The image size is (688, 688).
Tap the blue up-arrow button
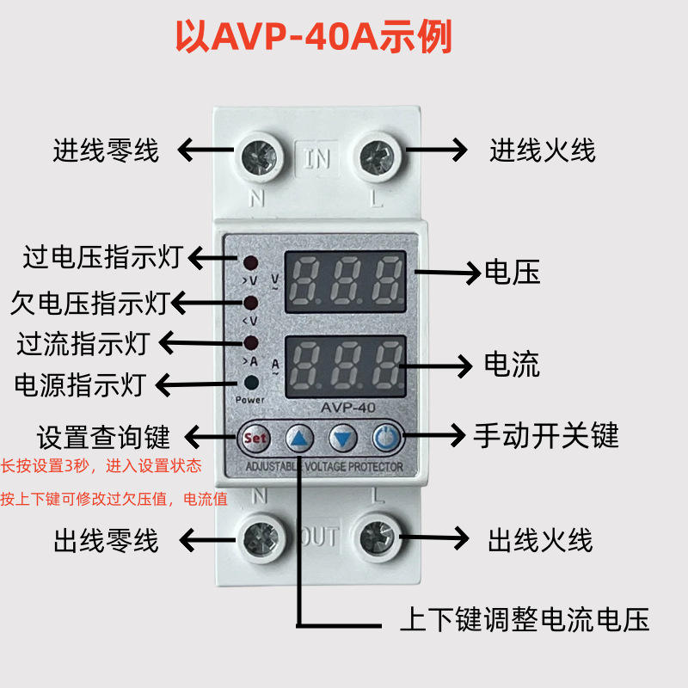tap(299, 439)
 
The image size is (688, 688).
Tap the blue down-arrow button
tap(343, 439)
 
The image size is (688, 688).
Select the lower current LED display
tap(344, 365)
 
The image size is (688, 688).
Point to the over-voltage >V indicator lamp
tap(251, 263)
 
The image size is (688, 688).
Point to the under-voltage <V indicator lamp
tap(251, 304)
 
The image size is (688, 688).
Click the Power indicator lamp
tap(251, 384)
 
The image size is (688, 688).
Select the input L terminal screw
tap(376, 157)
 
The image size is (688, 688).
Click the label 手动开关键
tap(546, 436)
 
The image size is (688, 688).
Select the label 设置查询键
tap(104, 436)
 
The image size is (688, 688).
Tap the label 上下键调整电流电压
tap(525, 619)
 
